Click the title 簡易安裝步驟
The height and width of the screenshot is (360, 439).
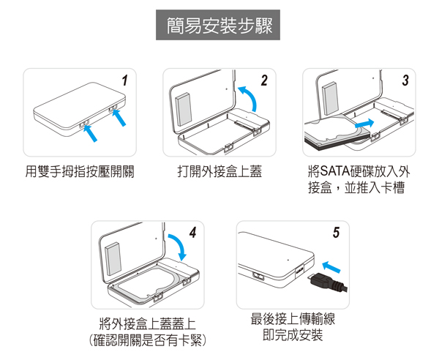pos(219,26)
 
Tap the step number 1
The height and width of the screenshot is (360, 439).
pos(125,80)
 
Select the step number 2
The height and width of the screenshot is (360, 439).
pos(264,80)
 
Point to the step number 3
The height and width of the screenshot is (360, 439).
pos(405,80)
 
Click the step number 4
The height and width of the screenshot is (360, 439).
pos(192,233)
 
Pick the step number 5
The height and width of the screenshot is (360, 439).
pos(336,233)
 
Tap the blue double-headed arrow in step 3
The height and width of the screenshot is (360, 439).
pos(364,123)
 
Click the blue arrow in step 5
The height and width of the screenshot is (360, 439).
pos(331,267)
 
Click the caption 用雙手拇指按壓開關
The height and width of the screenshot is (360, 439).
pos(80,171)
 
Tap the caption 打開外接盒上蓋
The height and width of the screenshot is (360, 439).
pos(219,171)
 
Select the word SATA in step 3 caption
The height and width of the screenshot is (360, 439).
pos(335,171)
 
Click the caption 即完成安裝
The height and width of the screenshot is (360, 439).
pos(293,335)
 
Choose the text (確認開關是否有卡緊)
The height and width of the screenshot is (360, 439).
pos(148,340)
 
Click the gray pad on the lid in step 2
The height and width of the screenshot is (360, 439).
pos(184,109)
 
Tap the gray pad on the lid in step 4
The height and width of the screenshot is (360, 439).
pos(113,259)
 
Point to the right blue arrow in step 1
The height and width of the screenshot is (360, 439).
pos(119,118)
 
